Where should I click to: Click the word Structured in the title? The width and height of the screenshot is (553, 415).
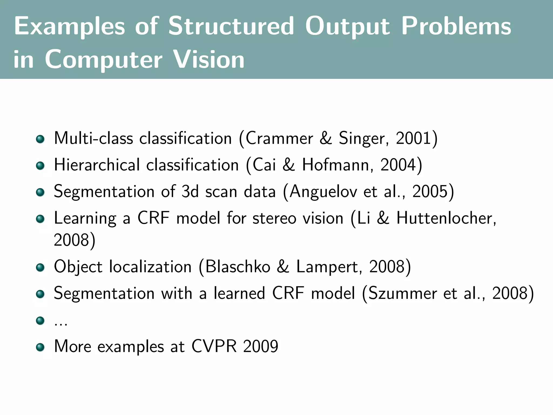pos(231,26)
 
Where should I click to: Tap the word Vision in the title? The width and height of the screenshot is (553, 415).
pos(209,59)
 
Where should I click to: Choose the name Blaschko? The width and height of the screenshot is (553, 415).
pos(238,266)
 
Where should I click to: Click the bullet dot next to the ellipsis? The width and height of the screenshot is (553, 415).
pos(40,321)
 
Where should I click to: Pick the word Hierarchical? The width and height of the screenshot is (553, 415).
pos(97,165)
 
